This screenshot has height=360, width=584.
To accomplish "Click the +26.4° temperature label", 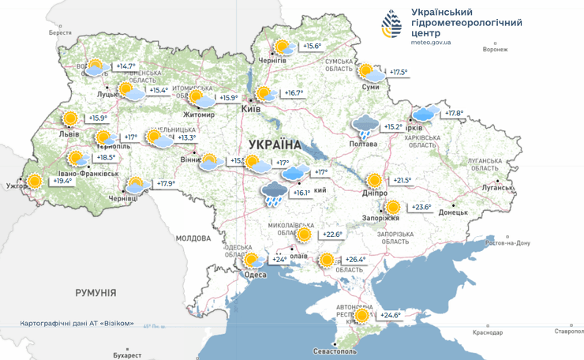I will click(357, 260).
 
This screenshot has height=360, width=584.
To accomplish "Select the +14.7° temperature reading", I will click(125, 66).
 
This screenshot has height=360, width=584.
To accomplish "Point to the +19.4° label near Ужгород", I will click(63, 181).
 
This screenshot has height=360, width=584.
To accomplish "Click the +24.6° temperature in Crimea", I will click(391, 315).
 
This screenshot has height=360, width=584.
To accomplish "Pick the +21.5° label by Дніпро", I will click(403, 180).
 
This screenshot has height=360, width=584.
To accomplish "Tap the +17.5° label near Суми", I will click(399, 72).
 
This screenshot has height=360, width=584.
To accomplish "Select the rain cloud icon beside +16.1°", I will click(274, 193).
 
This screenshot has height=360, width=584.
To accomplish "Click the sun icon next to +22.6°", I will click(304, 234).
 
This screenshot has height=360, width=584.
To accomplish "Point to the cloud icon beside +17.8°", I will click(427, 114).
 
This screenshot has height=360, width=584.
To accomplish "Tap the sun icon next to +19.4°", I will click(34, 181).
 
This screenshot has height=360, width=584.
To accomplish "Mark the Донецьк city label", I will click(453, 212).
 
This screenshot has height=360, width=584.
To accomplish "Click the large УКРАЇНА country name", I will click(275, 144).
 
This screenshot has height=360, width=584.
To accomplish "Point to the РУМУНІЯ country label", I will click(95, 293).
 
